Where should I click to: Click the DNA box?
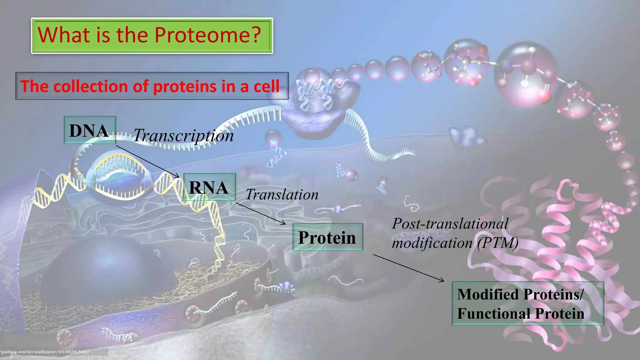[x=90, y=130]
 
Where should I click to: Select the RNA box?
[x=209, y=187]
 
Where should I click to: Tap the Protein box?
[x=327, y=237]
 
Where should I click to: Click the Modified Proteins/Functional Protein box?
[x=527, y=303]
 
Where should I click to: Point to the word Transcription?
[x=183, y=136]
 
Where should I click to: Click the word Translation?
[x=282, y=195]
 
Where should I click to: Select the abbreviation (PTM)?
[x=498, y=243]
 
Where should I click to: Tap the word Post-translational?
[x=450, y=224]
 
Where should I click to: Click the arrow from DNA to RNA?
[x=147, y=161]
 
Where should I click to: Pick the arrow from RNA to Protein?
[x=261, y=213]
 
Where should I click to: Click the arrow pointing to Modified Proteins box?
[x=408, y=268]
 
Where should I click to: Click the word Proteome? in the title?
[x=207, y=35]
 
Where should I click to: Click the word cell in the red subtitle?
[x=266, y=86]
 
